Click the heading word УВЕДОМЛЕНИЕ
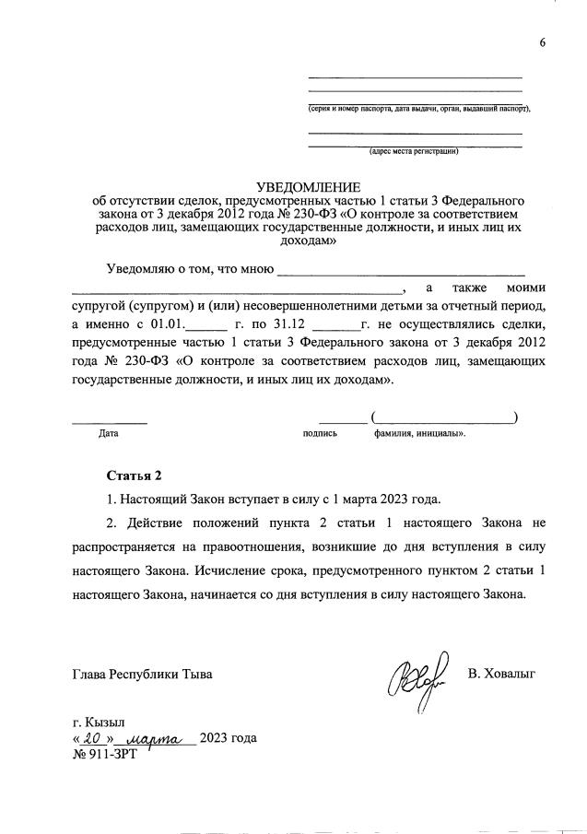309,187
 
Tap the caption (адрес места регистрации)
413,151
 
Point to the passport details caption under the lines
419,108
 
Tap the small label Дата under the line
108,431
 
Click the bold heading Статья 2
134,476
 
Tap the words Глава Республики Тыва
142,674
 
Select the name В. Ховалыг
501,674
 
